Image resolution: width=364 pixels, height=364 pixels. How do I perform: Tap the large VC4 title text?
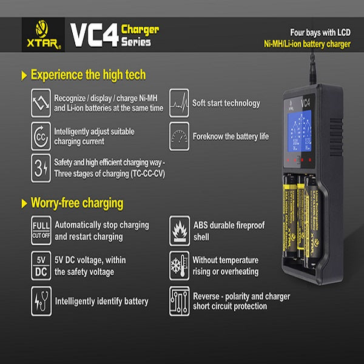tap(94, 35)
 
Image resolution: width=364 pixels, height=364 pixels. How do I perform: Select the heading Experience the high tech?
tap(87, 75)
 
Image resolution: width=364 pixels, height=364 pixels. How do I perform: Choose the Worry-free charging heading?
tap(76, 203)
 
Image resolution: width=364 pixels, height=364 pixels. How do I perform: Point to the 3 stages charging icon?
tap(41, 167)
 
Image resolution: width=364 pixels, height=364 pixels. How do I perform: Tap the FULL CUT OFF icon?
tap(41, 230)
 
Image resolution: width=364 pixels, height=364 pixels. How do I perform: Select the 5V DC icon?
tap(41, 265)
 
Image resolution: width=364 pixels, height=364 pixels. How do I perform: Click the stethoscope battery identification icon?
tap(41, 300)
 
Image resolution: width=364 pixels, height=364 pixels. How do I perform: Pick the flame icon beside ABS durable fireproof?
tap(180, 230)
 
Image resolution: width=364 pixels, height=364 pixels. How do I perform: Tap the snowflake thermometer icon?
tap(180, 265)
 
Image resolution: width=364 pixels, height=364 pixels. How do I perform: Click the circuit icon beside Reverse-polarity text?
tap(180, 300)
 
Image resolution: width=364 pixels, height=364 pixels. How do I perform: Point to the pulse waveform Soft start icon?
tap(180, 103)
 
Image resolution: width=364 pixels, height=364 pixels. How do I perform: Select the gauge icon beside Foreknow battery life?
tap(180, 136)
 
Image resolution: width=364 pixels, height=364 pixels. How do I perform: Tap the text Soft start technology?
tap(226, 103)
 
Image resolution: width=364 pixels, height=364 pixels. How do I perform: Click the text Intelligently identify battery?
tap(101, 301)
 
